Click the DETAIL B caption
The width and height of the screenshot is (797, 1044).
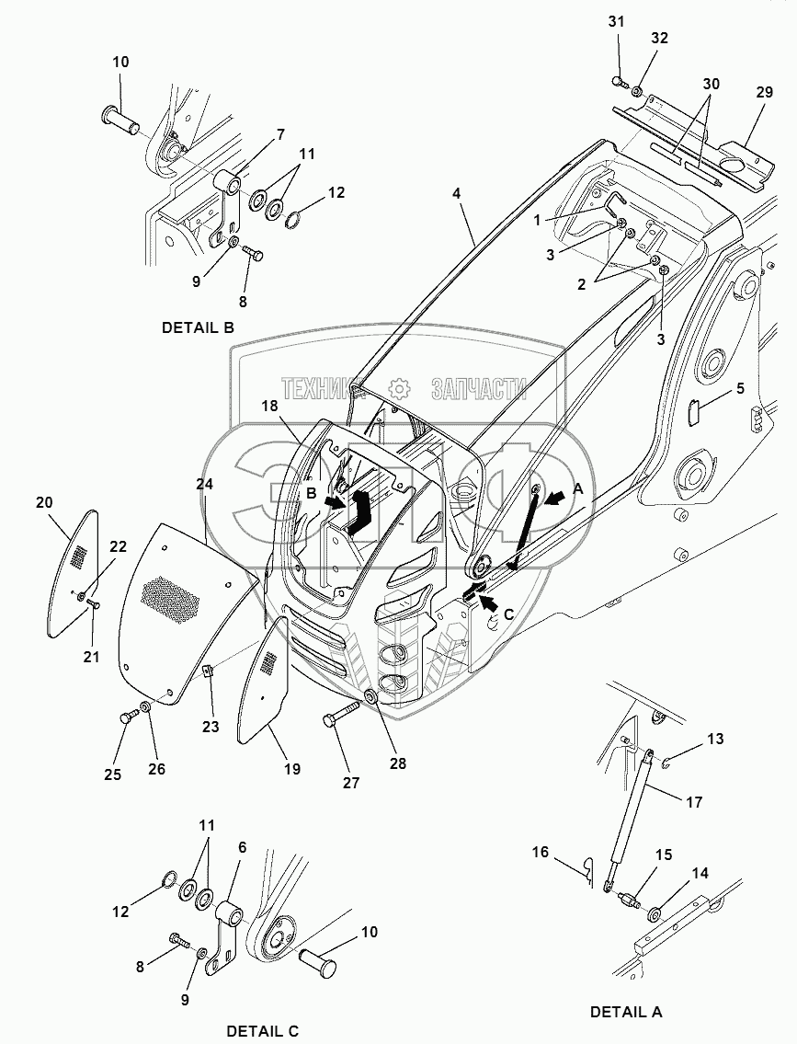point(199,327)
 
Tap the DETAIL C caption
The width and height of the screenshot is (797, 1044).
point(263,1031)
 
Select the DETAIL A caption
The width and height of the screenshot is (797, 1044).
point(626,1012)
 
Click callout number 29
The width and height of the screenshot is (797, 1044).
point(765,91)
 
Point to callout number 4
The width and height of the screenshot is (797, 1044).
point(456,194)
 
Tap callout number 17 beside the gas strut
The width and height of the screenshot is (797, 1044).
point(694,802)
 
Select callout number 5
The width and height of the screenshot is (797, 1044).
point(740,387)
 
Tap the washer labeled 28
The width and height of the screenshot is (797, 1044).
point(371,697)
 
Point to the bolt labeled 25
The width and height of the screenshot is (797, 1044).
point(128,717)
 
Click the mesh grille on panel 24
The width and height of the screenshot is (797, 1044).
point(172,597)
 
